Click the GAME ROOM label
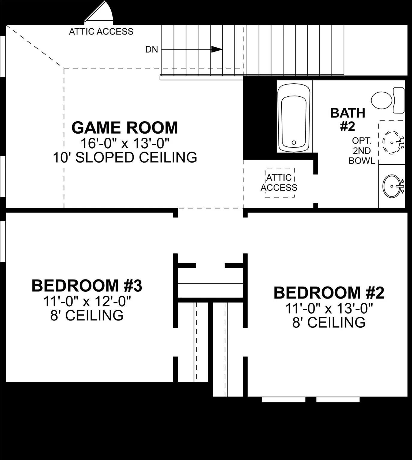tap(125, 128)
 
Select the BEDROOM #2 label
tap(329, 293)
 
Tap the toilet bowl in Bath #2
tap(381, 100)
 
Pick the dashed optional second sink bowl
tap(391, 142)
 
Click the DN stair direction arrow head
tap(216, 49)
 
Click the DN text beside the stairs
tap(152, 49)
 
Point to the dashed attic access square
tap(280, 182)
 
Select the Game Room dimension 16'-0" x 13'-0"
tap(125, 143)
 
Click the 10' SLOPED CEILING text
tap(125, 158)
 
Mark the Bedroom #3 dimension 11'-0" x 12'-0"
tap(87, 301)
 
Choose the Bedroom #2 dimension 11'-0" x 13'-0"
tap(329, 308)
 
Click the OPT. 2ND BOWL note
tap(362, 151)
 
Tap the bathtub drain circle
tap(294, 143)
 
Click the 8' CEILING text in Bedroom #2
tap(329, 323)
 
